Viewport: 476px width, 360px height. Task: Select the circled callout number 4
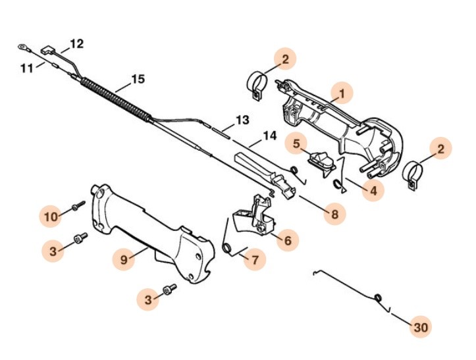(373, 192)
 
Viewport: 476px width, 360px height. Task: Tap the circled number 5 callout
(296, 143)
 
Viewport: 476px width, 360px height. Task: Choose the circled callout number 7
(255, 259)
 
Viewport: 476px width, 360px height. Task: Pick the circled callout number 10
(51, 215)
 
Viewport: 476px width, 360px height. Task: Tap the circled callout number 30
(419, 326)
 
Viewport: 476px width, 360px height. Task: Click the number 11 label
(26, 66)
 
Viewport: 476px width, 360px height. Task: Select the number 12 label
(76, 45)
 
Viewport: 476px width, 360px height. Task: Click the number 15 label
(137, 80)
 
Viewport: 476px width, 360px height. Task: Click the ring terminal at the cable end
(22, 47)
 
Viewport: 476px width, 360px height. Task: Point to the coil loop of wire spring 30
(379, 299)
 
